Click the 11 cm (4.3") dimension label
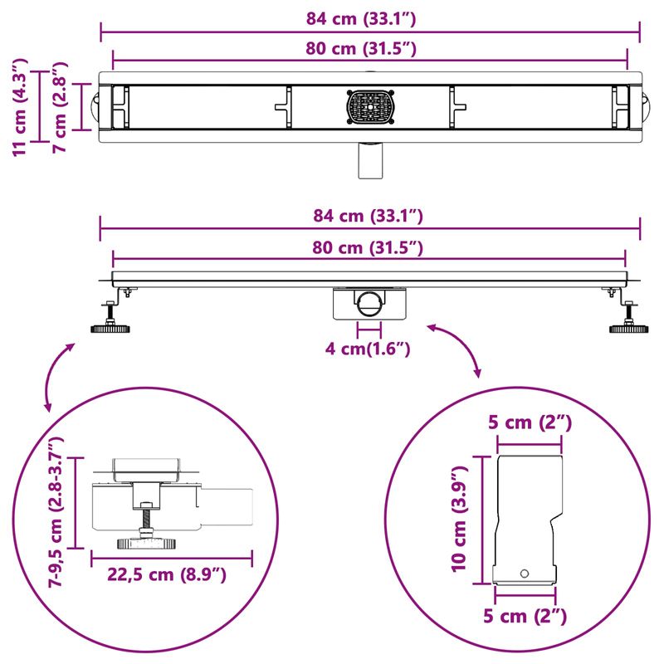point(20,108)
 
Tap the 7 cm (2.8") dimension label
point(60,107)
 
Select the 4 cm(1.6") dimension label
point(368,349)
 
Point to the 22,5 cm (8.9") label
point(167,574)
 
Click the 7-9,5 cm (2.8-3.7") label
point(56,511)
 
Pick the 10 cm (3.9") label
point(459,520)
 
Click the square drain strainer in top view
point(370,107)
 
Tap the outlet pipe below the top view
point(370,160)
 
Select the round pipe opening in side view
point(369,303)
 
